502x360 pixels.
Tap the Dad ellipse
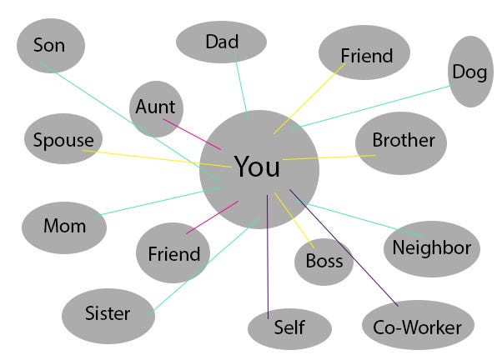(x=222, y=42)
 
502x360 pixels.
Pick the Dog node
(x=469, y=72)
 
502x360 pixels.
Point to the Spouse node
(x=63, y=140)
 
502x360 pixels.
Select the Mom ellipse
(x=64, y=226)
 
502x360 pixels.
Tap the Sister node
(x=108, y=314)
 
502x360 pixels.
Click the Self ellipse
(x=289, y=327)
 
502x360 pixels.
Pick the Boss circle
(x=324, y=262)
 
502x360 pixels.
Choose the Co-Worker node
(x=418, y=326)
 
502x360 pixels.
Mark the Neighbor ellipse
(x=431, y=248)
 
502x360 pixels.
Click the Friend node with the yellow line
(x=366, y=57)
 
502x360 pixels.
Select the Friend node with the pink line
(x=173, y=254)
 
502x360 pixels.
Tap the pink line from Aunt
(x=192, y=133)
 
